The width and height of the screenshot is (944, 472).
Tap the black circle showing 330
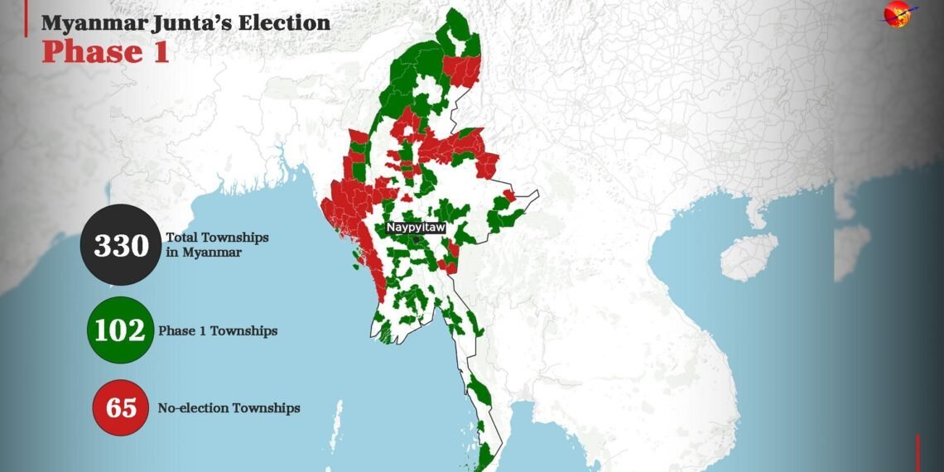coord(120,246)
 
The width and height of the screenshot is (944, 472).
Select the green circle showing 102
coord(120,330)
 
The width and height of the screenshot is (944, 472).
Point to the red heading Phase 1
coord(105,51)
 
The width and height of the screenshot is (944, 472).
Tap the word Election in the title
coord(284,22)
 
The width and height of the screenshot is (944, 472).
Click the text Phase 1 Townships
coord(218,330)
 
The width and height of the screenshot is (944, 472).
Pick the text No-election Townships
coord(229,407)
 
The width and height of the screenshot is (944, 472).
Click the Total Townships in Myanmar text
coord(217,244)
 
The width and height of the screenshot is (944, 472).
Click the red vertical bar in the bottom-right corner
coord(918,453)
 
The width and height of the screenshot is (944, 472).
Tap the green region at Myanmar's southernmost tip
coord(484,455)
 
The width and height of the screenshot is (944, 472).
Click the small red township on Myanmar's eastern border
coord(508,195)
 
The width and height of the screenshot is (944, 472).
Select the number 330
coord(120,246)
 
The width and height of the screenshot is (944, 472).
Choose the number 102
coord(120,330)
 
